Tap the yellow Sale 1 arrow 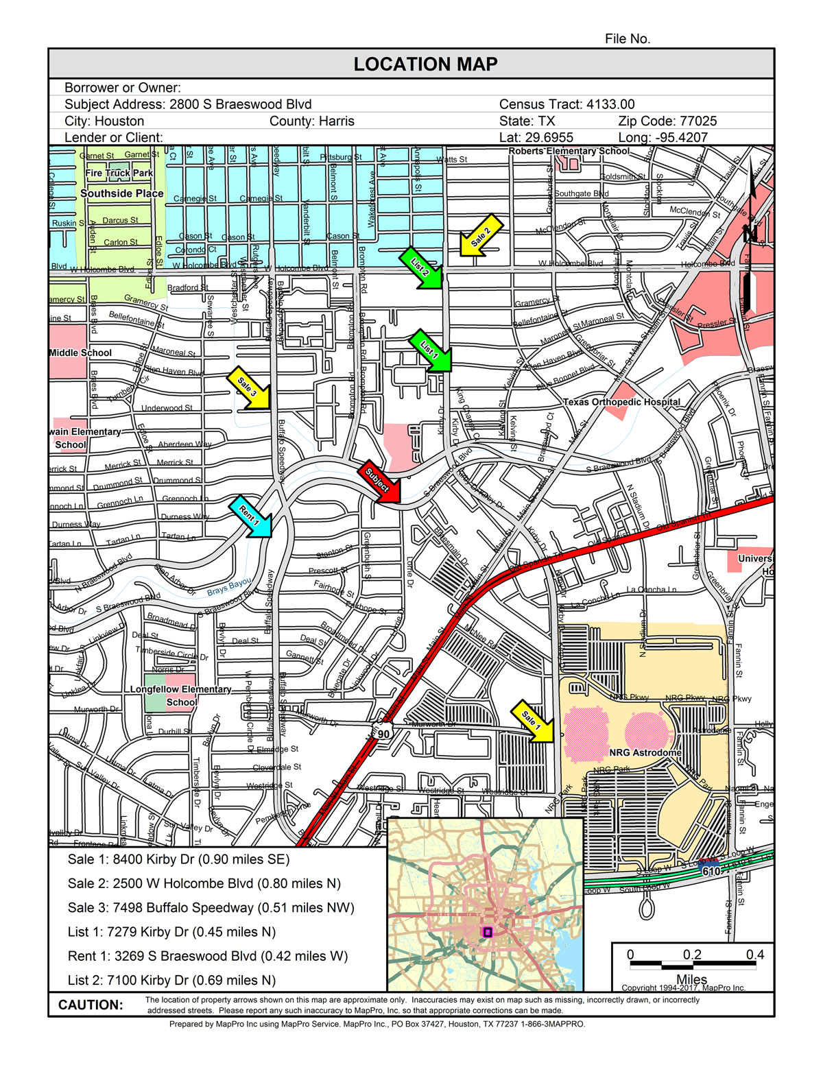[x=533, y=721]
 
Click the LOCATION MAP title [x=425, y=64]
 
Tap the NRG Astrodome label [x=645, y=753]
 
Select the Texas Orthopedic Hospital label [x=621, y=402]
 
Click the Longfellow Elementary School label [x=181, y=695]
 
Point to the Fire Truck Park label [x=119, y=173]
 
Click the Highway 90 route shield [x=383, y=734]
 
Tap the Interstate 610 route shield [x=711, y=871]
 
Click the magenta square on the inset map [x=488, y=932]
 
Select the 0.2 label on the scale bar [x=692, y=955]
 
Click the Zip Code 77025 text [x=667, y=121]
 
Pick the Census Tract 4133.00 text [x=566, y=104]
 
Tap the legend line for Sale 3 [x=211, y=908]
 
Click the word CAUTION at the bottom [x=91, y=1005]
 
